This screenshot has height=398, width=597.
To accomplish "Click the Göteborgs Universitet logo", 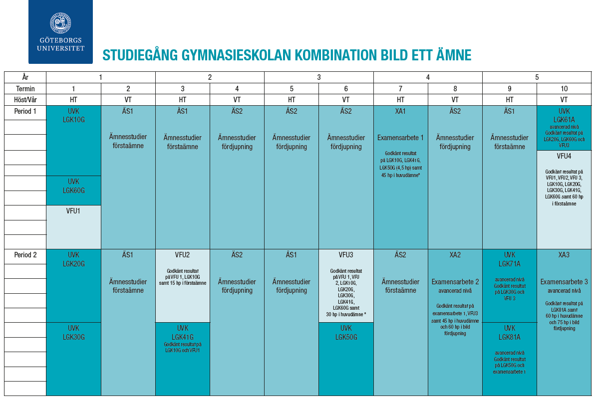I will pyautogui.click(x=60, y=31).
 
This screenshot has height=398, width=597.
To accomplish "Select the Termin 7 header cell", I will pyautogui.click(x=400, y=88).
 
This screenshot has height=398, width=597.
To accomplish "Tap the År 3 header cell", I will pyautogui.click(x=318, y=77).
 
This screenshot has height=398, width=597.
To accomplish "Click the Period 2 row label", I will pyautogui.click(x=25, y=255).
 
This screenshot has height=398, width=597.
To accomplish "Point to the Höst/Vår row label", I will pyautogui.click(x=25, y=99).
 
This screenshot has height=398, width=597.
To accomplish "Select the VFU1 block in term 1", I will pyautogui.click(x=73, y=226).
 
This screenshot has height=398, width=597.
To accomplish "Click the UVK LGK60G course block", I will pyautogui.click(x=73, y=186).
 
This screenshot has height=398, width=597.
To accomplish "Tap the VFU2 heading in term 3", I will pyautogui.click(x=182, y=255).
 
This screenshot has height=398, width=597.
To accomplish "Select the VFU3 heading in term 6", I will pyautogui.click(x=346, y=255).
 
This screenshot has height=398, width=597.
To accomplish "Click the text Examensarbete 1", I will pyautogui.click(x=400, y=138).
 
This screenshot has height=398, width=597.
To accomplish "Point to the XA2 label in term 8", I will pyautogui.click(x=455, y=255).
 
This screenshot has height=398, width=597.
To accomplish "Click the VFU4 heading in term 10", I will pyautogui.click(x=564, y=156).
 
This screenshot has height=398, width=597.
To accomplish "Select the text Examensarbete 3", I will pyautogui.click(x=564, y=282).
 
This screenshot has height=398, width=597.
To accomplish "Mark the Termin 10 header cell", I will pyautogui.click(x=564, y=88).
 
